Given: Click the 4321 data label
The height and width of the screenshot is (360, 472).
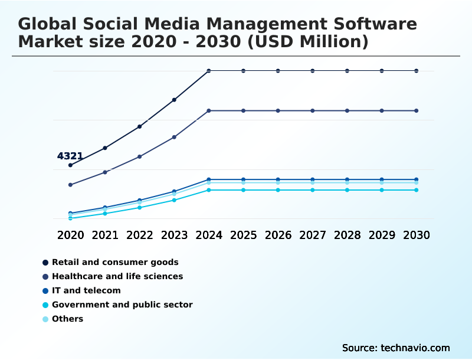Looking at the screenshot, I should pyautogui.click(x=70, y=156).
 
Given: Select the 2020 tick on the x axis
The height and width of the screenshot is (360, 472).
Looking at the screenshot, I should pyautogui.click(x=70, y=235).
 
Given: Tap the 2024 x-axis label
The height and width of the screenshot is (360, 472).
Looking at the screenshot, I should pyautogui.click(x=209, y=235).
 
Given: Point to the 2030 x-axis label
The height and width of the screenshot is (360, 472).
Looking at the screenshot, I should pyautogui.click(x=417, y=235).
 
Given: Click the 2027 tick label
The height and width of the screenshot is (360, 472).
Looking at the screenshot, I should pyautogui.click(x=313, y=235).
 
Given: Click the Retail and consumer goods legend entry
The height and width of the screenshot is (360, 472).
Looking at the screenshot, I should pyautogui.click(x=115, y=262).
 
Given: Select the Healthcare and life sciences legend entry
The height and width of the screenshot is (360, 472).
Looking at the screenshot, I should pyautogui.click(x=117, y=276).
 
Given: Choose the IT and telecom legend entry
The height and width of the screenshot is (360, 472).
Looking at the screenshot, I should pyautogui.click(x=86, y=290).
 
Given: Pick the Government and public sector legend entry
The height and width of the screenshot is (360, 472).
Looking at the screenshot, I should pyautogui.click(x=122, y=305).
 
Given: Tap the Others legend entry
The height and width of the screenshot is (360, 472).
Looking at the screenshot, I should pyautogui.click(x=67, y=319).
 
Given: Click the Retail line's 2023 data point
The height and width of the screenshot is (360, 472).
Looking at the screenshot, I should pyautogui.click(x=174, y=100).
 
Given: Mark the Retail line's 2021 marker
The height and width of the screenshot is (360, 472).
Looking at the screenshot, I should pyautogui.click(x=105, y=148).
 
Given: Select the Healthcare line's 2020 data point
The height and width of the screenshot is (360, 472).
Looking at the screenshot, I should pyautogui.click(x=70, y=185).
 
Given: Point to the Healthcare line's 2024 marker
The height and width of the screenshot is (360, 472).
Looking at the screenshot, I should pyautogui.click(x=209, y=110).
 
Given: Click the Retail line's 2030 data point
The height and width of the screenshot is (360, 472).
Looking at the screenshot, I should pyautogui.click(x=417, y=71).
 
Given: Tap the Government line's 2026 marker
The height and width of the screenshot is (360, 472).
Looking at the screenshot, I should pyautogui.click(x=278, y=190).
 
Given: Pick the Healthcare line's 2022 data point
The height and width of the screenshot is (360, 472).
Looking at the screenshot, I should pyautogui.click(x=140, y=156).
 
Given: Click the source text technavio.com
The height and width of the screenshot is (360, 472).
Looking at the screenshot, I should pyautogui.click(x=415, y=348).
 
